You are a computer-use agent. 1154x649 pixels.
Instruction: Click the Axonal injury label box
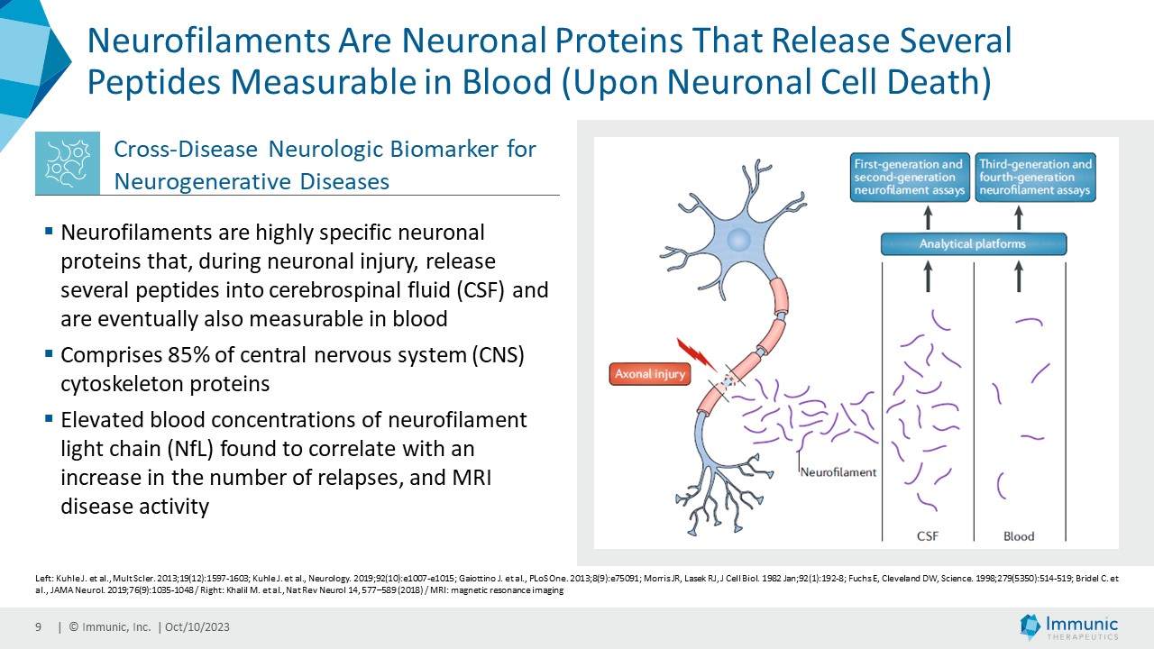pos(649,373)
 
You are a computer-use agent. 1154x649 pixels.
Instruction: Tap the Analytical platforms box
pos(973,244)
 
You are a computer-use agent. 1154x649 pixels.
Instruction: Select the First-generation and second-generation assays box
pos(911,178)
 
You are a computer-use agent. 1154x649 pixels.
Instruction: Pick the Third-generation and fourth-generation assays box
pos(1036,178)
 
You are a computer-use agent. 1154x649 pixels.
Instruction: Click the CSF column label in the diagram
pos(927,536)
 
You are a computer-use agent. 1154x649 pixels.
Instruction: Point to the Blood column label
pos(1019,536)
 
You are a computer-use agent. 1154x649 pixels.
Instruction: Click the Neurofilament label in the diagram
pos(838,471)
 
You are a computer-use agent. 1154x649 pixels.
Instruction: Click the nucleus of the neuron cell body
pos(739,240)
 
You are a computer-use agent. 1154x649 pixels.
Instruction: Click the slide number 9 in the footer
pos(38,627)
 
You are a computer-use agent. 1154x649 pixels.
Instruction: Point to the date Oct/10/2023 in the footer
pos(197,627)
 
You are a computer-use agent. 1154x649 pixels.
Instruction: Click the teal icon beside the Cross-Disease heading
pos(67,163)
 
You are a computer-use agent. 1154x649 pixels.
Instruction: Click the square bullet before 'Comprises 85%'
pos(49,353)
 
